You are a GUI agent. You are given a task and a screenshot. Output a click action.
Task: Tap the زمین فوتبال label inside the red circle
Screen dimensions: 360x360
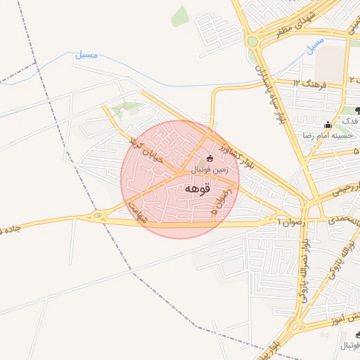[x=212, y=169]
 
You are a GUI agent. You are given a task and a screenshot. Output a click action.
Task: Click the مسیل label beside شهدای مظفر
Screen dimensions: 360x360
[x=316, y=46]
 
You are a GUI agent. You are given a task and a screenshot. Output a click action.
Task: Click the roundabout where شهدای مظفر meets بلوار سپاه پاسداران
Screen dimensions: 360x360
[x=252, y=41]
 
